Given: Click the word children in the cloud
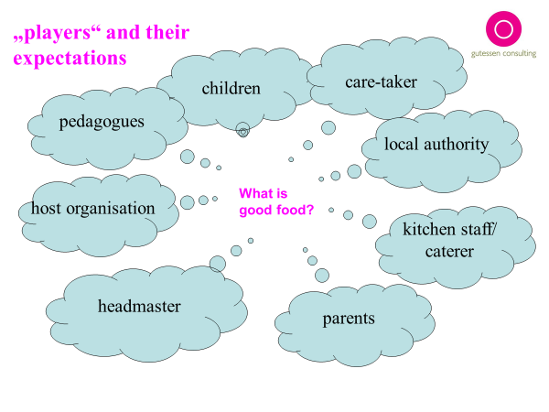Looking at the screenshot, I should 231,89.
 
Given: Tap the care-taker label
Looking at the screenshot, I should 381,82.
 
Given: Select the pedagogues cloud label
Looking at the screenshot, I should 102,122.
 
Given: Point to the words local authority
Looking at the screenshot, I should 436,144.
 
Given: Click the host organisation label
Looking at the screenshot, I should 92,208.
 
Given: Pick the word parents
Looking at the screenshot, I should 349,319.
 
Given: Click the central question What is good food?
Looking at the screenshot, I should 276,201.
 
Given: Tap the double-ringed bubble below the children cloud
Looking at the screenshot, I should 242,130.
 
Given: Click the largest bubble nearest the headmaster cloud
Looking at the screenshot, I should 218,264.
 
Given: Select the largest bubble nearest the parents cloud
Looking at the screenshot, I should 321,274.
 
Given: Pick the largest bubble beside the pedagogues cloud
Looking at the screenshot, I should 188,157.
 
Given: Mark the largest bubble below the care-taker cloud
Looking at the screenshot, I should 328,127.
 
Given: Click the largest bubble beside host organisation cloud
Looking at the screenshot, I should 188,202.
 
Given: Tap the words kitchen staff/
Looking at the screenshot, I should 448,228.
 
